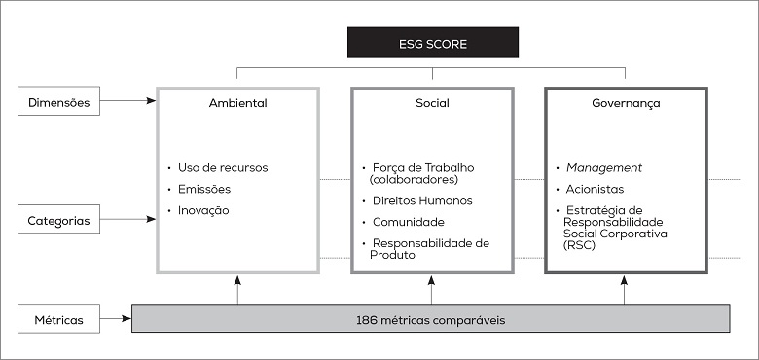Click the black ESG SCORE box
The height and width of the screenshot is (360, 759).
point(433,42)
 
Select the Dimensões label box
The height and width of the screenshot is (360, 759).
point(58,101)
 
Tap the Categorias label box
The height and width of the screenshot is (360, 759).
point(58,221)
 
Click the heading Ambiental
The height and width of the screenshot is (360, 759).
point(237,102)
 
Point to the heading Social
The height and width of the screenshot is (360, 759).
point(431,102)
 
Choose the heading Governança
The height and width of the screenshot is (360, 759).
point(625,102)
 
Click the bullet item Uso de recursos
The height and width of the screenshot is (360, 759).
point(223,167)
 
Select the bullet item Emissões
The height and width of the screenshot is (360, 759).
point(204,189)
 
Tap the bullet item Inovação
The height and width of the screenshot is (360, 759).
point(203,210)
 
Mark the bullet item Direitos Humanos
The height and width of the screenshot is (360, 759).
point(422,200)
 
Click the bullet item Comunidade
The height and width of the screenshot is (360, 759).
point(409,222)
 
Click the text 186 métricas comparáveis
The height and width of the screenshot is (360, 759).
point(430,319)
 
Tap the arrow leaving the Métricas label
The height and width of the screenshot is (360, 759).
point(115,318)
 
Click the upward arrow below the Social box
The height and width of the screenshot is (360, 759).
point(431,289)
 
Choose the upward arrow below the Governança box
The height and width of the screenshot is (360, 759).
point(625,289)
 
